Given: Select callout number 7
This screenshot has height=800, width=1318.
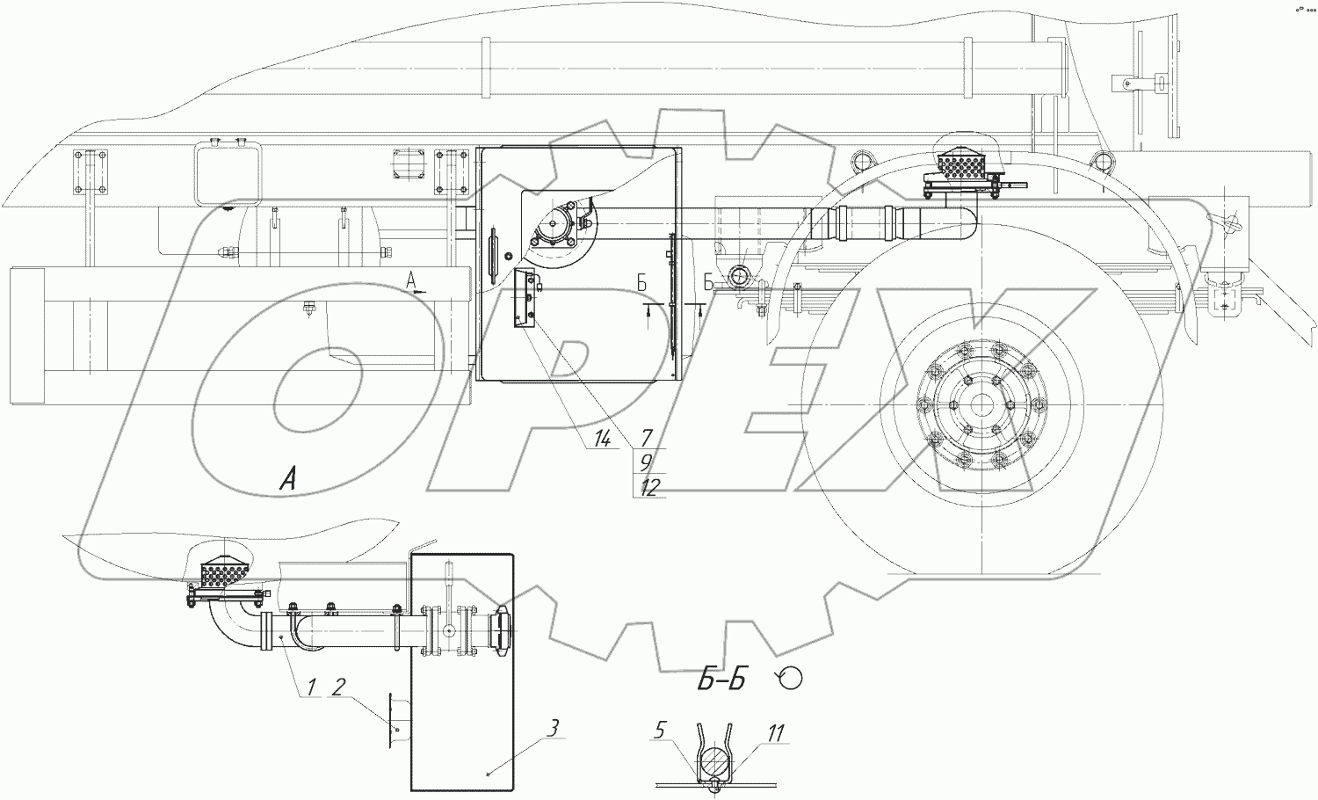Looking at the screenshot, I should click(x=646, y=437).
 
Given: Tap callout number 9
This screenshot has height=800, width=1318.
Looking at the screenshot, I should click(x=646, y=460).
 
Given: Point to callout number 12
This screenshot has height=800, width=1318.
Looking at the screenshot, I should click(x=648, y=487).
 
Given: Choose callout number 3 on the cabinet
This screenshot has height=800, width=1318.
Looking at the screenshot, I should click(x=551, y=728).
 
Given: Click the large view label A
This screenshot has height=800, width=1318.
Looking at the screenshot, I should click(x=287, y=479).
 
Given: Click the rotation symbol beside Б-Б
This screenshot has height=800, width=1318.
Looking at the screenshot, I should click(x=789, y=678).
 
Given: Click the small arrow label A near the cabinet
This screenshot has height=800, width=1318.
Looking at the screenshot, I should click(x=410, y=280).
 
